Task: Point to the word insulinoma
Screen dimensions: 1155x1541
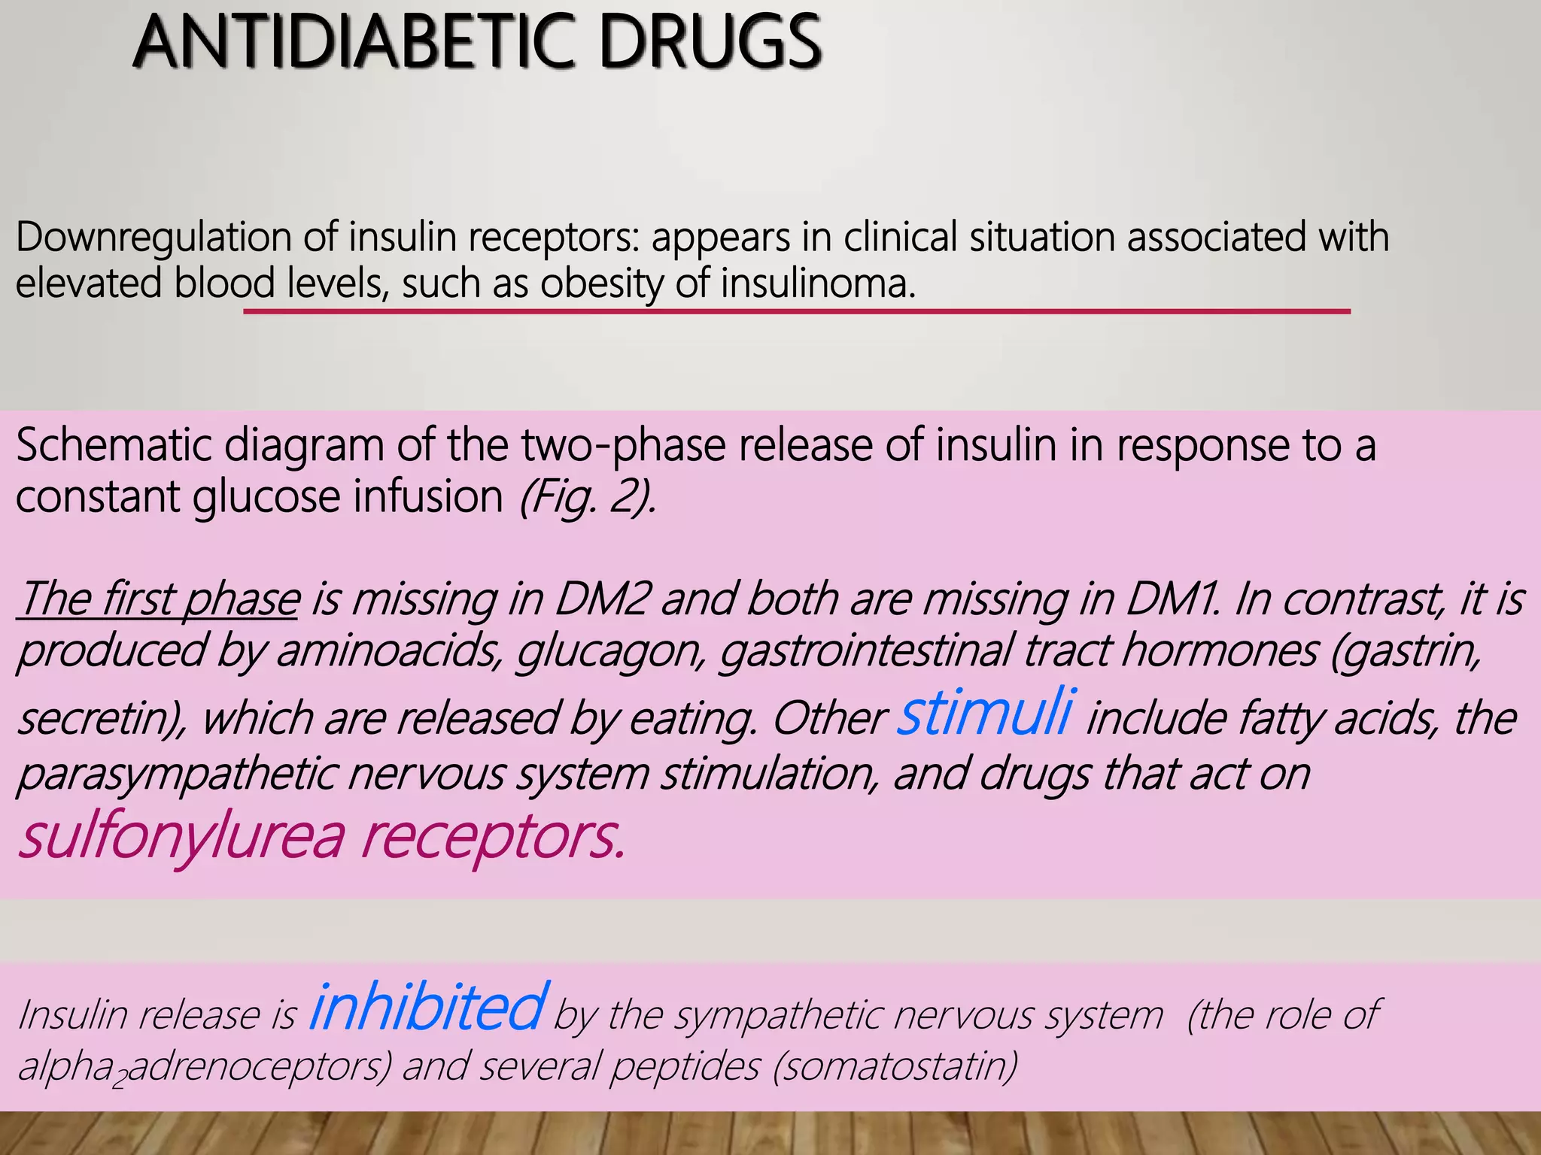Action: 817,284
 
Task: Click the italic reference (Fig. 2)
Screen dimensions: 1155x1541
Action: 587,498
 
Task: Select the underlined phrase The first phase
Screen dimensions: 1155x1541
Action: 159,599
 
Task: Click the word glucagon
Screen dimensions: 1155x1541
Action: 609,651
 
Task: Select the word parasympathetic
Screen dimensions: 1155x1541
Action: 176,774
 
